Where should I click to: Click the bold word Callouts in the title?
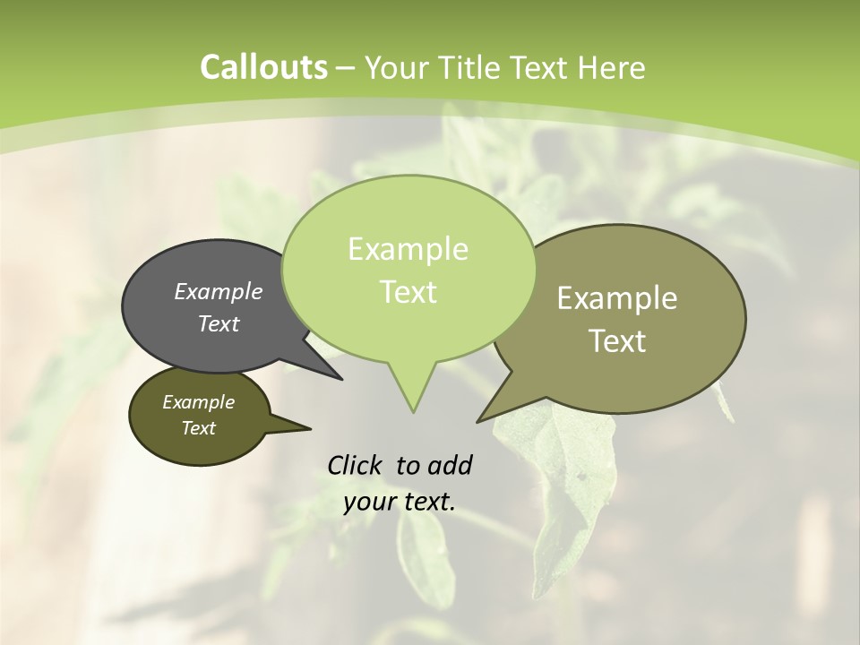[x=263, y=67]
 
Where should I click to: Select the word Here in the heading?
[x=612, y=67]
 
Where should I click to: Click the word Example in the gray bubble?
[x=219, y=292]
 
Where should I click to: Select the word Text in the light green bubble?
[x=408, y=292]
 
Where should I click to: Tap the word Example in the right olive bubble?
[x=617, y=298]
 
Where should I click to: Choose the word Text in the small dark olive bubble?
[x=198, y=428]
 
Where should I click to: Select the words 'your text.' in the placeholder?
[x=400, y=502]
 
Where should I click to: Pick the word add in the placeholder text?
[x=450, y=465]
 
